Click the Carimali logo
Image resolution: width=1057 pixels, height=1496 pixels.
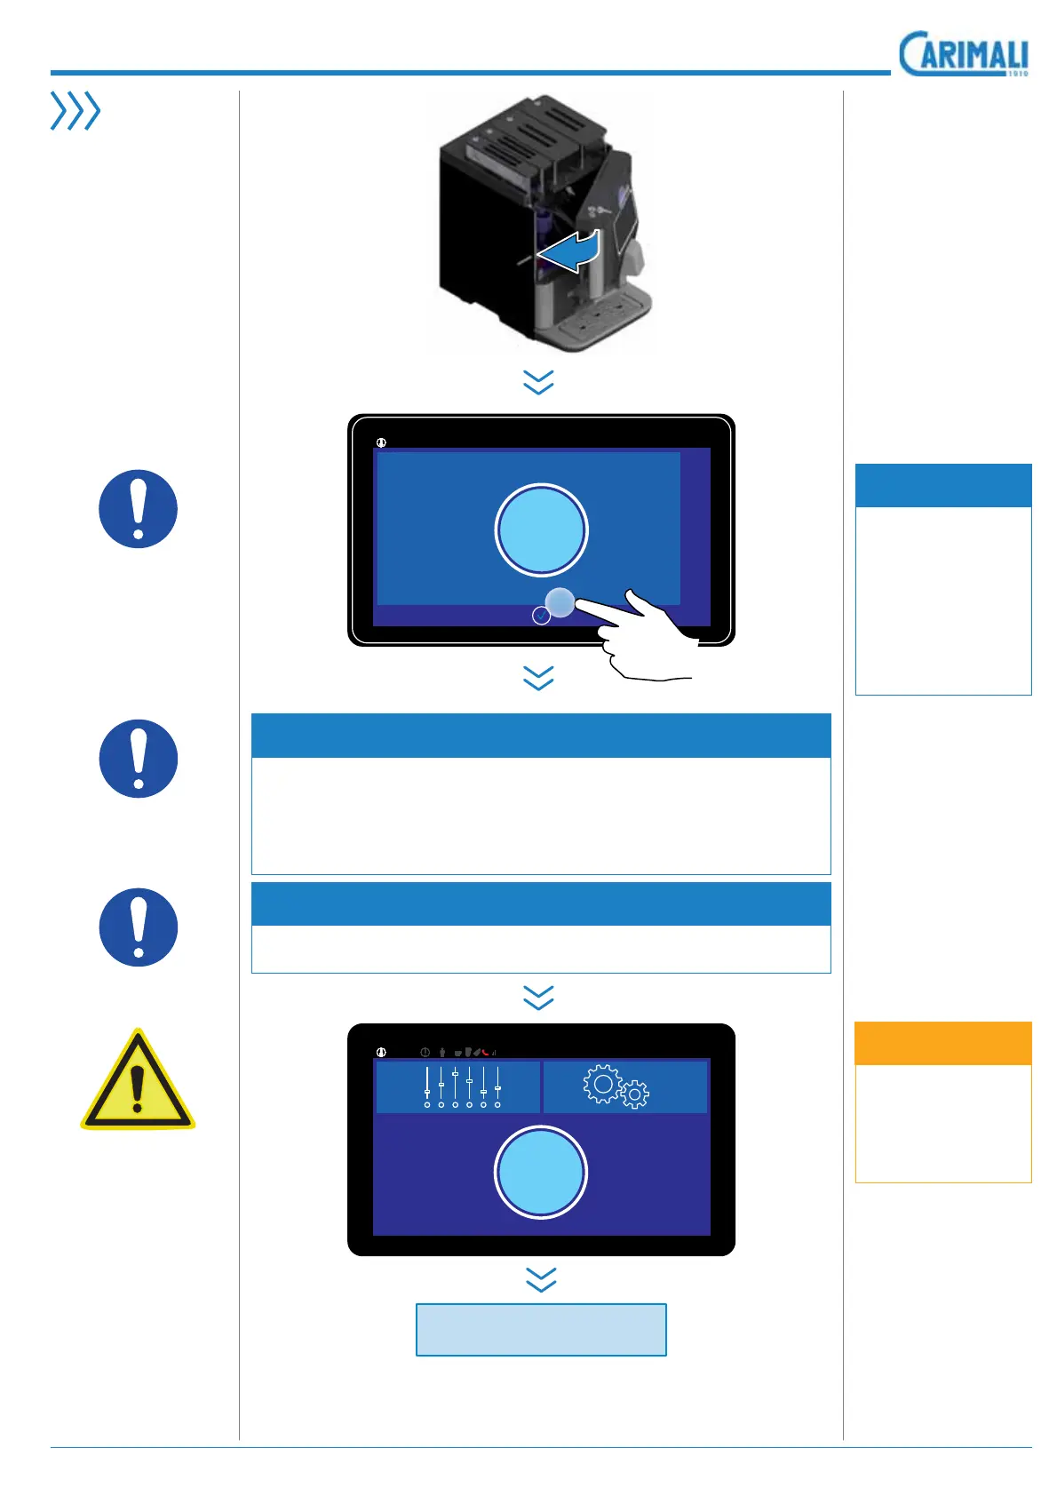[x=963, y=54]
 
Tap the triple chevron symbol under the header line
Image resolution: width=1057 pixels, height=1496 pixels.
[x=75, y=111]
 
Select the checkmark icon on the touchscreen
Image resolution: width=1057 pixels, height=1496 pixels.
[x=541, y=616]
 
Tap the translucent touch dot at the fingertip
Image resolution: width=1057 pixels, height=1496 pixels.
[x=560, y=601]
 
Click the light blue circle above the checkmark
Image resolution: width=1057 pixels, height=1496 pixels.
[x=541, y=529]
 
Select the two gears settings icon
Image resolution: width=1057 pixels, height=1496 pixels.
[x=616, y=1086]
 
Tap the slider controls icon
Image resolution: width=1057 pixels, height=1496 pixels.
[x=462, y=1086]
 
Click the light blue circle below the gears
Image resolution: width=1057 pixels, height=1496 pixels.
[x=541, y=1172]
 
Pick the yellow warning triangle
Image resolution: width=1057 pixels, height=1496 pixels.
[x=138, y=1082]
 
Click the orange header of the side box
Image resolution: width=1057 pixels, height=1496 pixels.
[x=942, y=1043]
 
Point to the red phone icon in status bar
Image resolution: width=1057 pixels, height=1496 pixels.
[x=486, y=1052]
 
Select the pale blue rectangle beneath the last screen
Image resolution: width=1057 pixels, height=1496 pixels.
[x=541, y=1329]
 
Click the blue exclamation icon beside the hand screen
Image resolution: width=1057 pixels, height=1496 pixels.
[x=138, y=509]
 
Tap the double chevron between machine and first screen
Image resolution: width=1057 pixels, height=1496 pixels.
[x=539, y=383]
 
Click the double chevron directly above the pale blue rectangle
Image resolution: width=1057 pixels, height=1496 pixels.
[x=541, y=1279]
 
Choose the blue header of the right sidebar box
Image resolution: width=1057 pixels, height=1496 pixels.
[x=942, y=485]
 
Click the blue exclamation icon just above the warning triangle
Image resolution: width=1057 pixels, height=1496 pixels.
[x=138, y=927]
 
